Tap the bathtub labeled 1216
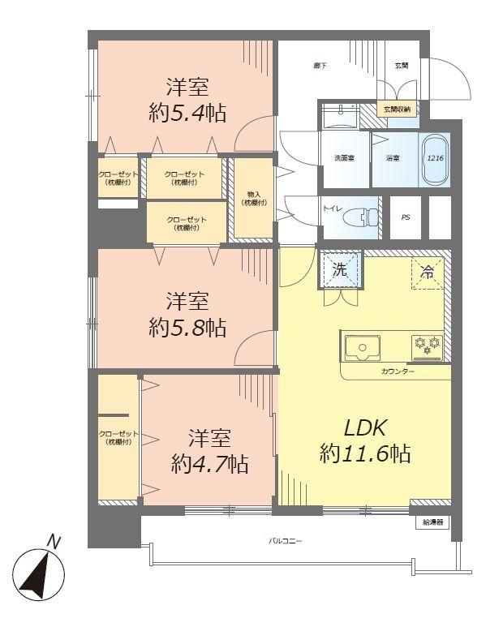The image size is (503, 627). tap(435, 158)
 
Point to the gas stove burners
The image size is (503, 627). tap(428, 346)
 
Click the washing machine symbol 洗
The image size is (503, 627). tap(341, 270)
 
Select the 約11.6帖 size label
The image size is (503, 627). tap(365, 453)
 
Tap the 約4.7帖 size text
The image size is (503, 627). tap(209, 464)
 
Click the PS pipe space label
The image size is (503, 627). tap(406, 217)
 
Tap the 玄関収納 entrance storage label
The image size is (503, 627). tap(398, 108)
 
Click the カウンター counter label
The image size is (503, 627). tap(398, 371)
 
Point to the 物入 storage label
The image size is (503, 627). tap(253, 198)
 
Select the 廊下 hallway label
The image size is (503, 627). tap(320, 64)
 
